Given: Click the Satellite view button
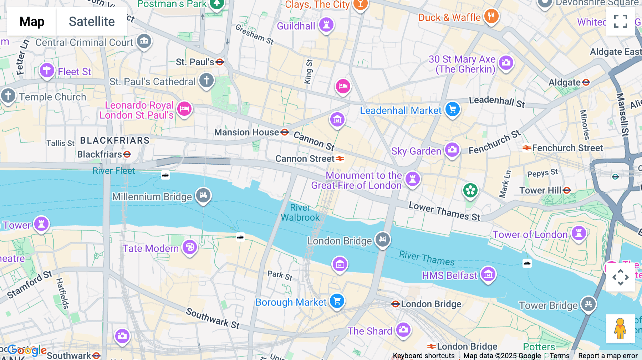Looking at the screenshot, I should (92, 21).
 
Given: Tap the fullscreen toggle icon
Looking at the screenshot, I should (620, 21).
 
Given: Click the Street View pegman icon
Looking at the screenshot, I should (620, 329).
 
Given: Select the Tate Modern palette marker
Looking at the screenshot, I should (190, 247).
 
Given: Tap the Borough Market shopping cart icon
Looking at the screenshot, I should (337, 301).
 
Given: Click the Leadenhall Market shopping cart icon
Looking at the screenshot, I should (453, 109).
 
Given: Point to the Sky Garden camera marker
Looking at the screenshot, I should (452, 150).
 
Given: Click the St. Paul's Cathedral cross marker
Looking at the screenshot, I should (207, 80).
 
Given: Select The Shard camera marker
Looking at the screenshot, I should (403, 330).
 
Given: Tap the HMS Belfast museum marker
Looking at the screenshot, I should (488, 274).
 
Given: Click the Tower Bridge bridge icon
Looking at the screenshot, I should (588, 304).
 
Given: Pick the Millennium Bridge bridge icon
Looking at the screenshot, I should (203, 195).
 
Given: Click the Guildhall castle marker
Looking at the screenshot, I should (326, 25).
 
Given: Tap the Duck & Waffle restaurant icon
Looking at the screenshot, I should (491, 16).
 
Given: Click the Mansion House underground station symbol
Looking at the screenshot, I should (285, 132).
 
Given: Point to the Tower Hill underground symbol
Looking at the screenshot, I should (567, 190).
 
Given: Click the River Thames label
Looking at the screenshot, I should (427, 258).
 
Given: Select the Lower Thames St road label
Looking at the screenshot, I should (444, 211).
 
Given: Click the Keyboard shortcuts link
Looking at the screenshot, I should (423, 356).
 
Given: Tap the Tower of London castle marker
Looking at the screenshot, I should (579, 233).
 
